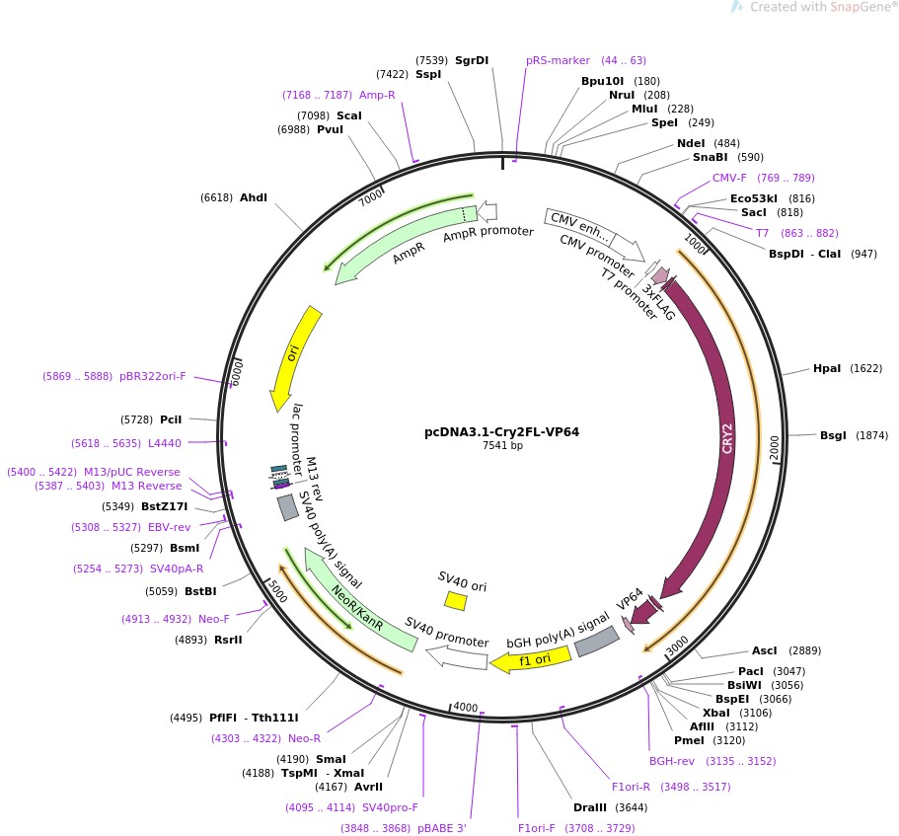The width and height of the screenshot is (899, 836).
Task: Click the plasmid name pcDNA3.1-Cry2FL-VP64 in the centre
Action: [x=501, y=431]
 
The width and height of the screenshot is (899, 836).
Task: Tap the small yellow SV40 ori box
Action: [x=456, y=600]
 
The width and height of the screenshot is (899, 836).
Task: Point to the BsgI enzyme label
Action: [x=833, y=435]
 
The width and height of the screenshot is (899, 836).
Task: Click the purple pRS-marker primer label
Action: [x=558, y=60]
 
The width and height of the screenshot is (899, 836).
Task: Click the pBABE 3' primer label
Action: [x=442, y=828]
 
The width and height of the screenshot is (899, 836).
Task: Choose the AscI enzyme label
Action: [x=765, y=650]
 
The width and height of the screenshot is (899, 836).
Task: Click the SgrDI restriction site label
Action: [x=472, y=60]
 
